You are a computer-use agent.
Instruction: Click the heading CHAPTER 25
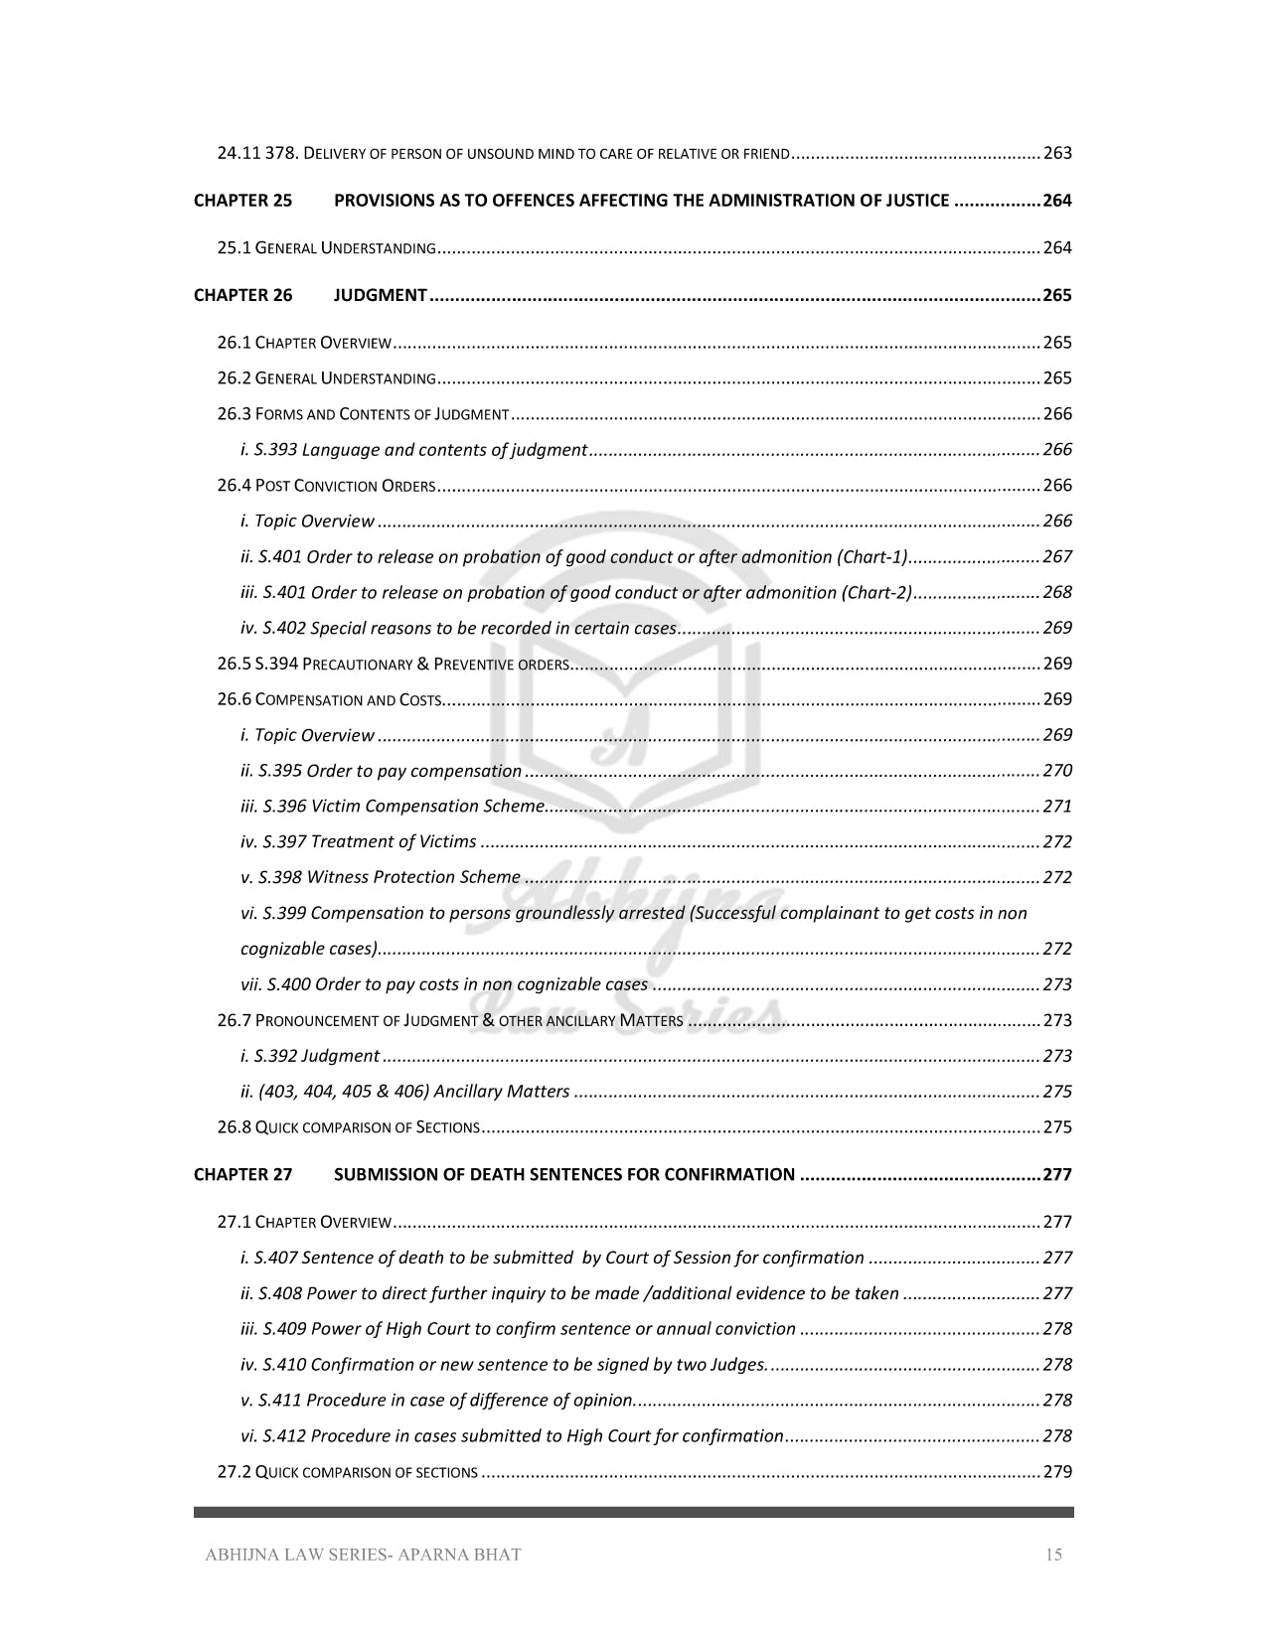point(242,201)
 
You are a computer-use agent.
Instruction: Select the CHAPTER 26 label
point(242,295)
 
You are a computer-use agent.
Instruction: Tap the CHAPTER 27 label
point(242,1175)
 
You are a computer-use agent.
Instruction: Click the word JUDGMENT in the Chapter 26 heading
point(380,295)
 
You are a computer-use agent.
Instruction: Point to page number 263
point(1057,154)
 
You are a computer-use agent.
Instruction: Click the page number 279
point(1057,1472)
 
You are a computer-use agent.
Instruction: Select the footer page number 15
point(1053,1555)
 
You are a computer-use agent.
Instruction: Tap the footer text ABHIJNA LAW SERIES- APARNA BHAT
point(363,1555)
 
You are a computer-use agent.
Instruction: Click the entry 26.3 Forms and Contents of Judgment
point(363,414)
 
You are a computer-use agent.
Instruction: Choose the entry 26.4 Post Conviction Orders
point(326,486)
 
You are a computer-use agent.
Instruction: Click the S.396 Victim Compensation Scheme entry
point(393,807)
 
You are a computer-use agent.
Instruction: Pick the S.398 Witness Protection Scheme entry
point(381,878)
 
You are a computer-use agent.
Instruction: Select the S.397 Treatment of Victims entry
point(359,842)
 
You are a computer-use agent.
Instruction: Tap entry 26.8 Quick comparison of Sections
point(348,1127)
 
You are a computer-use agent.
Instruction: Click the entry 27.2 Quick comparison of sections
point(347,1472)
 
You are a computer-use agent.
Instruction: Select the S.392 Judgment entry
point(310,1056)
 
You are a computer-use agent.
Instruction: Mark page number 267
point(1057,557)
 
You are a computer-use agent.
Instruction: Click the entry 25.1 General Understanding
point(326,248)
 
